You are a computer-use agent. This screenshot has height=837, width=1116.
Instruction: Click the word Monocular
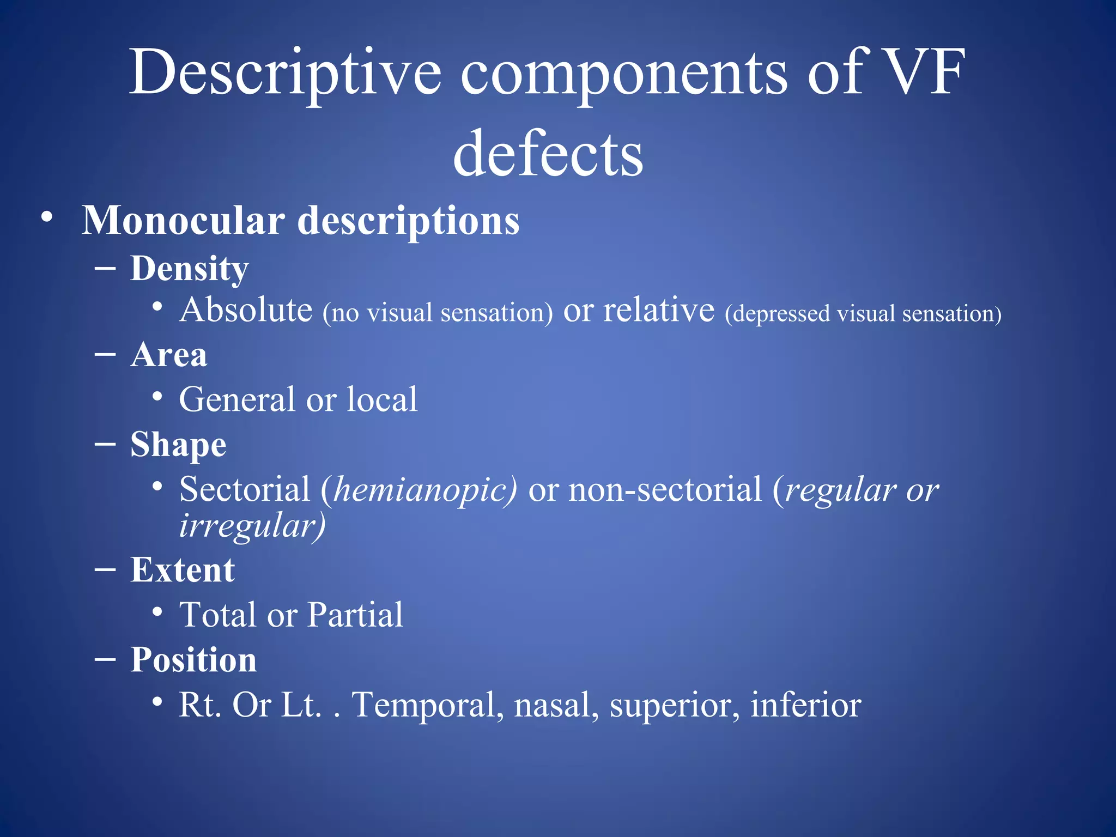point(183,221)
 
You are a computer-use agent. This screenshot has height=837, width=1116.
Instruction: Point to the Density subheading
point(190,269)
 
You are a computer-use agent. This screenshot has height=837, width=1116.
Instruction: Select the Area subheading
point(169,355)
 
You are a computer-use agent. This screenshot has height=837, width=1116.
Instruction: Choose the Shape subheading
point(178,445)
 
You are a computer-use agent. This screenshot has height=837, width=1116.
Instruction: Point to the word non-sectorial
point(665,489)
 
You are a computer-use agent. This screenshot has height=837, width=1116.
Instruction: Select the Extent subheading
point(183,571)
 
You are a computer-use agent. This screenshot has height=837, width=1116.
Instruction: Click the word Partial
point(355,615)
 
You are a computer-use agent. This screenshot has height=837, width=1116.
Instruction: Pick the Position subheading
point(193,660)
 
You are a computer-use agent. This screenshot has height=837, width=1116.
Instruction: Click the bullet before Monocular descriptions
point(47,217)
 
